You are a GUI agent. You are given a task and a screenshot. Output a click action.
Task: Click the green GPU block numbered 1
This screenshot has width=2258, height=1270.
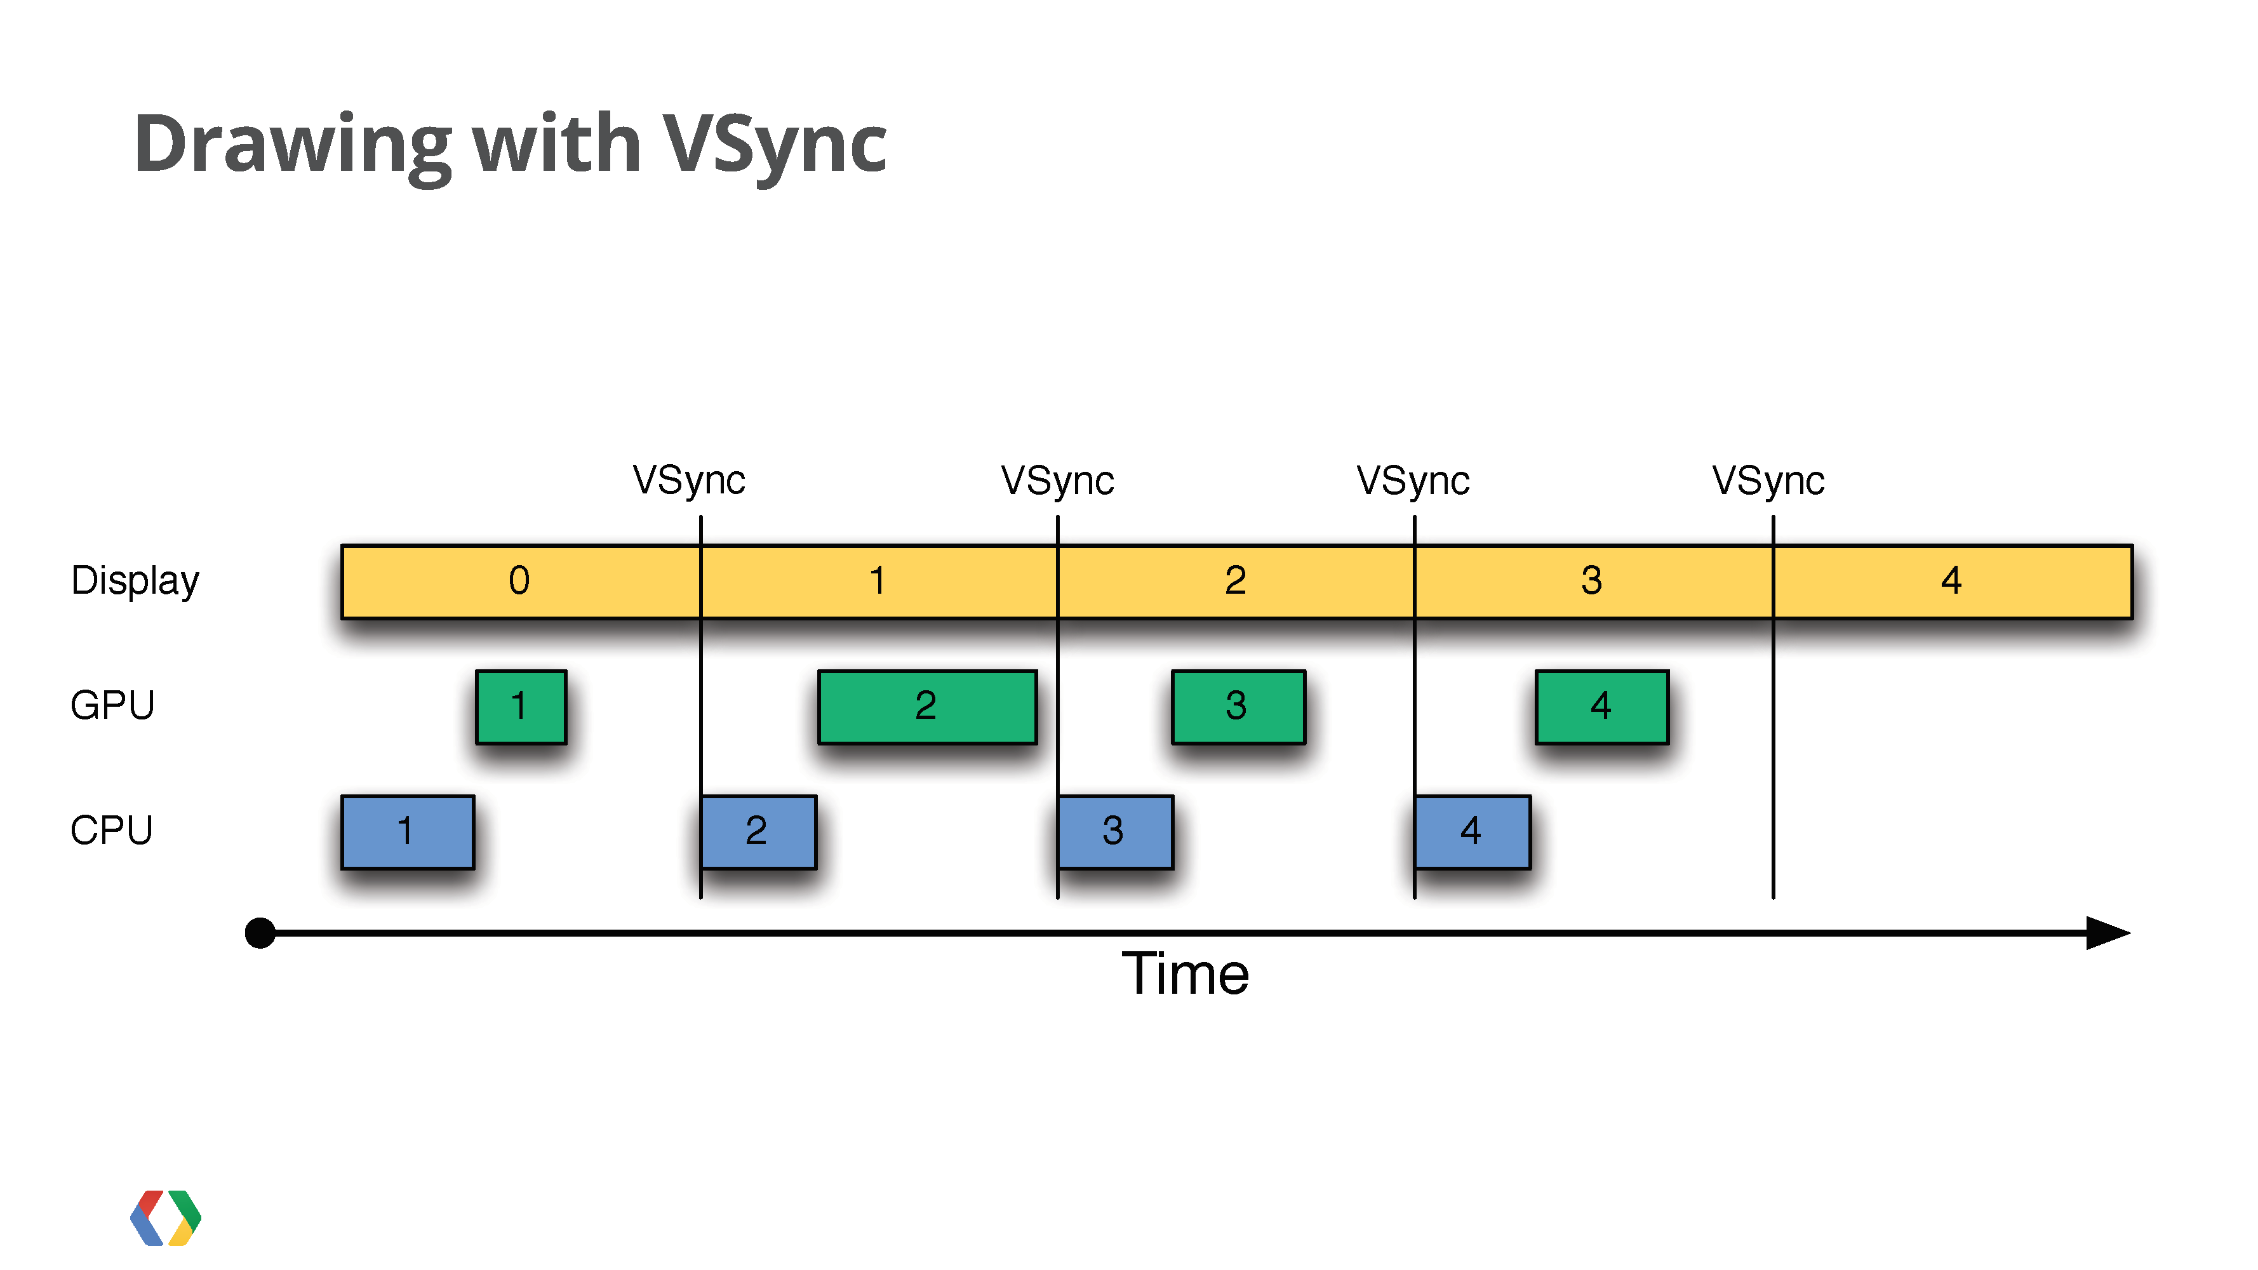point(521,706)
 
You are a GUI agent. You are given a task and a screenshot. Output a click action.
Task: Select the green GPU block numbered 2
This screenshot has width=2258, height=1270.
point(926,706)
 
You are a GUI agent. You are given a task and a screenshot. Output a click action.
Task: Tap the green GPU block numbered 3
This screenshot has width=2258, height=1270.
point(1238,706)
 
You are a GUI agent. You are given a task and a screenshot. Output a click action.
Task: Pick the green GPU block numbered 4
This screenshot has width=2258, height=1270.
point(1601,706)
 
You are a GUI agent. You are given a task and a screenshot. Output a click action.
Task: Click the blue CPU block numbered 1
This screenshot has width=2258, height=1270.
point(408,832)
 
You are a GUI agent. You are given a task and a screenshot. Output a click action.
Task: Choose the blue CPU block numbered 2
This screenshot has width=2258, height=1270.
point(759,832)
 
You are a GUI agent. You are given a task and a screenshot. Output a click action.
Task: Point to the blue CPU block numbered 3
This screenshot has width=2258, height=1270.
point(1115,832)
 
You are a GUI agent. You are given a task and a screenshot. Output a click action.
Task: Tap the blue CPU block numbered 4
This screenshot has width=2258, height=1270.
point(1473,832)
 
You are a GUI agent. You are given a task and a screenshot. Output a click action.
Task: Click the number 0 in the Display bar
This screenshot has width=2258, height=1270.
point(519,580)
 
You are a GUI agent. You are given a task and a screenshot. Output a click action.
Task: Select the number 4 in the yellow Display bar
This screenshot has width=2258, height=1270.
point(1951,580)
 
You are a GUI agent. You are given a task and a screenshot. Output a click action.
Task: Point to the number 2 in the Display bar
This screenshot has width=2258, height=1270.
point(1235,580)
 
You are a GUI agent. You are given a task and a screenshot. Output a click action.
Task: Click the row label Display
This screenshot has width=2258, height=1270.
point(135,581)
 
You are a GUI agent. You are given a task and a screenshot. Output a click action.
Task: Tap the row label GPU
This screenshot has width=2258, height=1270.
point(112,705)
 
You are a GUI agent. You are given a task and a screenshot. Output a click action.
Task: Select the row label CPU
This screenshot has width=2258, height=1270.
point(111,831)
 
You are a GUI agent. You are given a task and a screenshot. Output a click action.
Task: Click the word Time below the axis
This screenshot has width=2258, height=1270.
point(1185,973)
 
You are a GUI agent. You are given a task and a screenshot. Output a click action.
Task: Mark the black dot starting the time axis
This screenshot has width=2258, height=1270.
point(260,933)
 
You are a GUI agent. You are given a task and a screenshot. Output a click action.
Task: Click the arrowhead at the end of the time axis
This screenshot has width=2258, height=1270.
point(2108,933)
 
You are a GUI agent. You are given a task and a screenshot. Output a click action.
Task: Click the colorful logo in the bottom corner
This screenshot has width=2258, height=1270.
point(166,1217)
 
